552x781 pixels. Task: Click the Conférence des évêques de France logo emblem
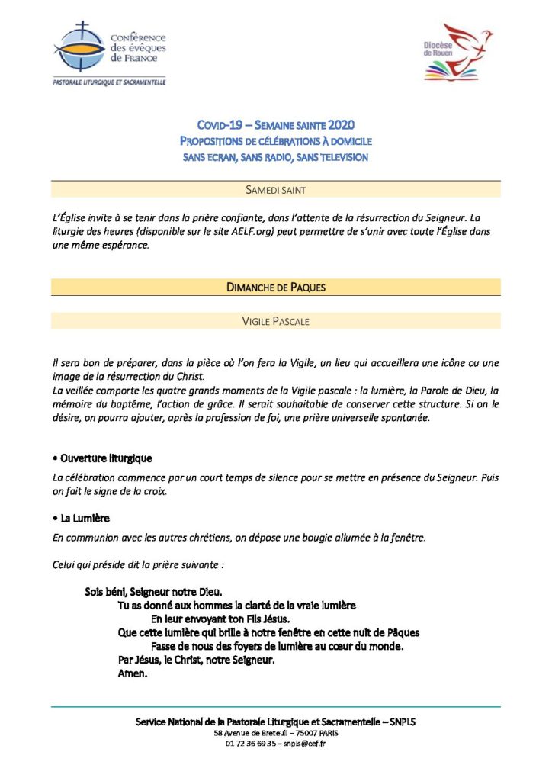coord(79,47)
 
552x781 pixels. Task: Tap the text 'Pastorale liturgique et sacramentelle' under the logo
coord(109,82)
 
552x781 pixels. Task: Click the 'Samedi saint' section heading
coord(275,189)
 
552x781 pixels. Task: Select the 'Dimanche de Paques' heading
coord(275,287)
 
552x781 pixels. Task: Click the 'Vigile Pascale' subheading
coord(275,321)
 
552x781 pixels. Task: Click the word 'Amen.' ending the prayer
coord(132,673)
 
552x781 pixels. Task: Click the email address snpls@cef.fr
coord(304,744)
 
